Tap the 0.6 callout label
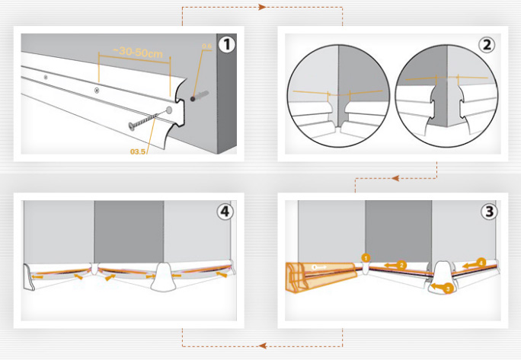click(206, 47)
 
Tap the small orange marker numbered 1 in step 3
click(366, 258)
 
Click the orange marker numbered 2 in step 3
click(401, 265)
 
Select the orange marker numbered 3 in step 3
click(448, 289)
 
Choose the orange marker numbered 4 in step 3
click(481, 263)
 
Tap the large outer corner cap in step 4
click(165, 276)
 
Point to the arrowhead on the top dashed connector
click(261, 8)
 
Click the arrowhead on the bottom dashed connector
click(261, 345)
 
